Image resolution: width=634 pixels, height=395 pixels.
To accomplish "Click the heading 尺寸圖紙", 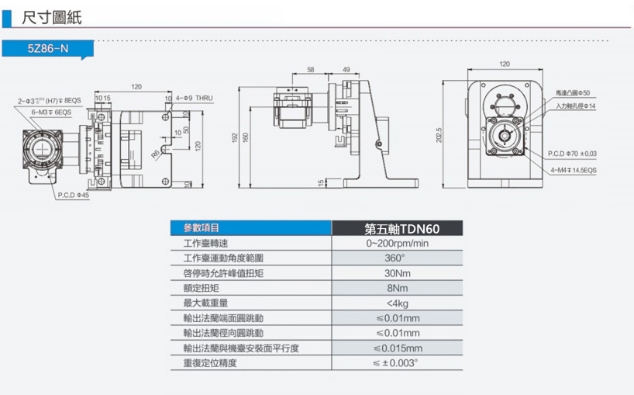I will click(52, 16).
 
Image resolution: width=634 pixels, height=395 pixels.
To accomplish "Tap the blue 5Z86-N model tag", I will click(48, 48).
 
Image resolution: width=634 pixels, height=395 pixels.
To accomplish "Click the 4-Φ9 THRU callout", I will click(194, 98).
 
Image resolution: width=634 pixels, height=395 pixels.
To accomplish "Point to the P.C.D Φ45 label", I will click(74, 195).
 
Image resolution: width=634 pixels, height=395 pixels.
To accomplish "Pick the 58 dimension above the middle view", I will click(310, 70).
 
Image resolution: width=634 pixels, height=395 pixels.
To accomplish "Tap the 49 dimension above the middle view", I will click(346, 70).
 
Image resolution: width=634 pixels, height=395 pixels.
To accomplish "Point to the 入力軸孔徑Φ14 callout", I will click(575, 105).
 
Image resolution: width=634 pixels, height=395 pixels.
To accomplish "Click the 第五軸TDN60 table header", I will click(397, 229).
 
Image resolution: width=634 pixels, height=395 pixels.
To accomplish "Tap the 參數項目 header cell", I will click(202, 228).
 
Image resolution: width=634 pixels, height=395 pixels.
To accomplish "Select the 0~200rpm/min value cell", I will click(397, 244).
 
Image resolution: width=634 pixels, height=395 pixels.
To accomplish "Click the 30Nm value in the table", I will click(397, 273).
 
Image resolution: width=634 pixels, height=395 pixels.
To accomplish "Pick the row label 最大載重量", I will click(204, 303).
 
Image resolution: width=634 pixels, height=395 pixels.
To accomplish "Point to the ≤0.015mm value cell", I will click(397, 348).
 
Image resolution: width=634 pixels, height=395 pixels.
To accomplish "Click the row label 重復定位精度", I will click(209, 362).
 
